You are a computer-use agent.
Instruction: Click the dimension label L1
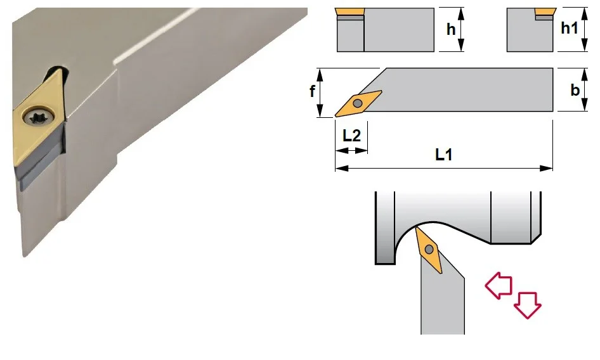(444, 155)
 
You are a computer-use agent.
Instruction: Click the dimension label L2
(351, 136)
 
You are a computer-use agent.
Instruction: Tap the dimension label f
(312, 91)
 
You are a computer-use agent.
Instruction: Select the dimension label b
(575, 90)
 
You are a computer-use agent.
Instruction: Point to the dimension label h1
(569, 27)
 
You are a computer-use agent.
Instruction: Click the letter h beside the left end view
(451, 29)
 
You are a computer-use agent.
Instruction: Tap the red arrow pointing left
(499, 286)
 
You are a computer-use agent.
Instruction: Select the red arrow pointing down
(527, 305)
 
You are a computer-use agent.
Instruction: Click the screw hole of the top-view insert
(358, 103)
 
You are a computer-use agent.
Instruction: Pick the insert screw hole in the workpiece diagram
(429, 250)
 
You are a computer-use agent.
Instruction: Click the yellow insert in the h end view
(349, 11)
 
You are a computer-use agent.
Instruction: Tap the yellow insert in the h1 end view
(545, 11)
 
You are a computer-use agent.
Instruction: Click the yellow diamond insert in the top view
(358, 103)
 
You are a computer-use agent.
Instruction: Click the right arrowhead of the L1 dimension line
(547, 169)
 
